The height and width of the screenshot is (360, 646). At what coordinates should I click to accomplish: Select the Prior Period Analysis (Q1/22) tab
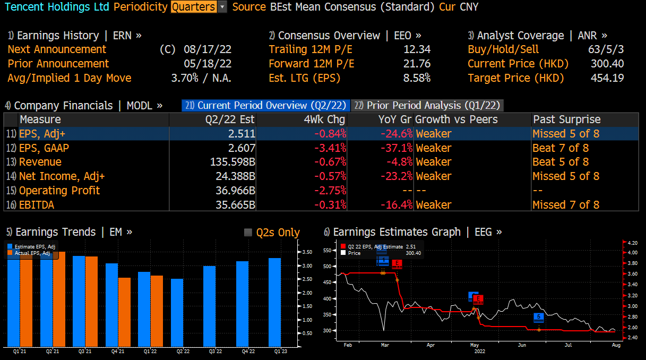(428, 105)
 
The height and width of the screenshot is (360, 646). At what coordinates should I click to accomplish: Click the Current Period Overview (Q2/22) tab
(265, 105)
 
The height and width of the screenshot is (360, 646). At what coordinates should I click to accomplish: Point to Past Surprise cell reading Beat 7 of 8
(560, 148)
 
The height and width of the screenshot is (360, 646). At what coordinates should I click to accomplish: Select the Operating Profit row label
(59, 191)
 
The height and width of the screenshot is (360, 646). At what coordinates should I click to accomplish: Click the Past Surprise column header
(566, 119)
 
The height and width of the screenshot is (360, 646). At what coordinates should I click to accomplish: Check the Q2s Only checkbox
(248, 233)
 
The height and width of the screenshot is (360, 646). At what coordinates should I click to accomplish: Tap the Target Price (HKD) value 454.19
(607, 78)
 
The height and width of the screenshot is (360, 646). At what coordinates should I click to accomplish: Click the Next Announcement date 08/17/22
(208, 49)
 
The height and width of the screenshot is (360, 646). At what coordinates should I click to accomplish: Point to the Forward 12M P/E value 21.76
(417, 64)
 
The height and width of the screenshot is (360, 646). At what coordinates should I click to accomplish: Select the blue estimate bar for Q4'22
(242, 303)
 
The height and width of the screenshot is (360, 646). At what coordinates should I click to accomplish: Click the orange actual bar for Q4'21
(124, 312)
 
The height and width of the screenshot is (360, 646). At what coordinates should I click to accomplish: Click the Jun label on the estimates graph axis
(523, 345)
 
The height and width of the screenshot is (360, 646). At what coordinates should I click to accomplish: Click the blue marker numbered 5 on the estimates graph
(539, 317)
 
